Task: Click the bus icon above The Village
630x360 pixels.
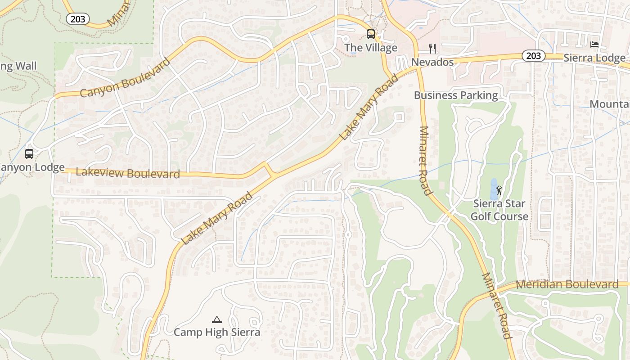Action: [x=370, y=34]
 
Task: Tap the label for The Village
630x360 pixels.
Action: [x=371, y=48]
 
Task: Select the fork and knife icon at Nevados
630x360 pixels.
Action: [x=432, y=48]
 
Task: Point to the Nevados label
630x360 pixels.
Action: [x=432, y=62]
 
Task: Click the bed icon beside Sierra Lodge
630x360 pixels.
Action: [x=594, y=44]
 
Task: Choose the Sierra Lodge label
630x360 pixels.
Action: [x=594, y=58]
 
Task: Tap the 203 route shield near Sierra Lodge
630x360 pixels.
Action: [x=533, y=56]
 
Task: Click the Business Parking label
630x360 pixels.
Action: [x=456, y=95]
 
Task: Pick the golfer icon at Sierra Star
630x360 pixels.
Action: [x=499, y=190]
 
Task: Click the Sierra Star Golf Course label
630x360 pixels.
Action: [x=499, y=210]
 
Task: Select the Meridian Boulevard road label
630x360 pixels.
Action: [x=567, y=284]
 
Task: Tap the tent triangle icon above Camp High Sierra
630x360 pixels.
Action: [x=217, y=320]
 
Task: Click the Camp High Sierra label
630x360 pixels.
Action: [x=217, y=333]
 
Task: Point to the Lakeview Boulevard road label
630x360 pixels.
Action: [x=128, y=173]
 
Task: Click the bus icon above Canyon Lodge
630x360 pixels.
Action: [x=29, y=154]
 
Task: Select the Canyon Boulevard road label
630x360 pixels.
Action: [x=125, y=77]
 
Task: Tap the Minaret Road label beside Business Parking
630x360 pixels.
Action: [x=425, y=161]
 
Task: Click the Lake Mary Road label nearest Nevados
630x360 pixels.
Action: [x=369, y=107]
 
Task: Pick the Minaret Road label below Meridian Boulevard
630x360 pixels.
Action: [x=497, y=306]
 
